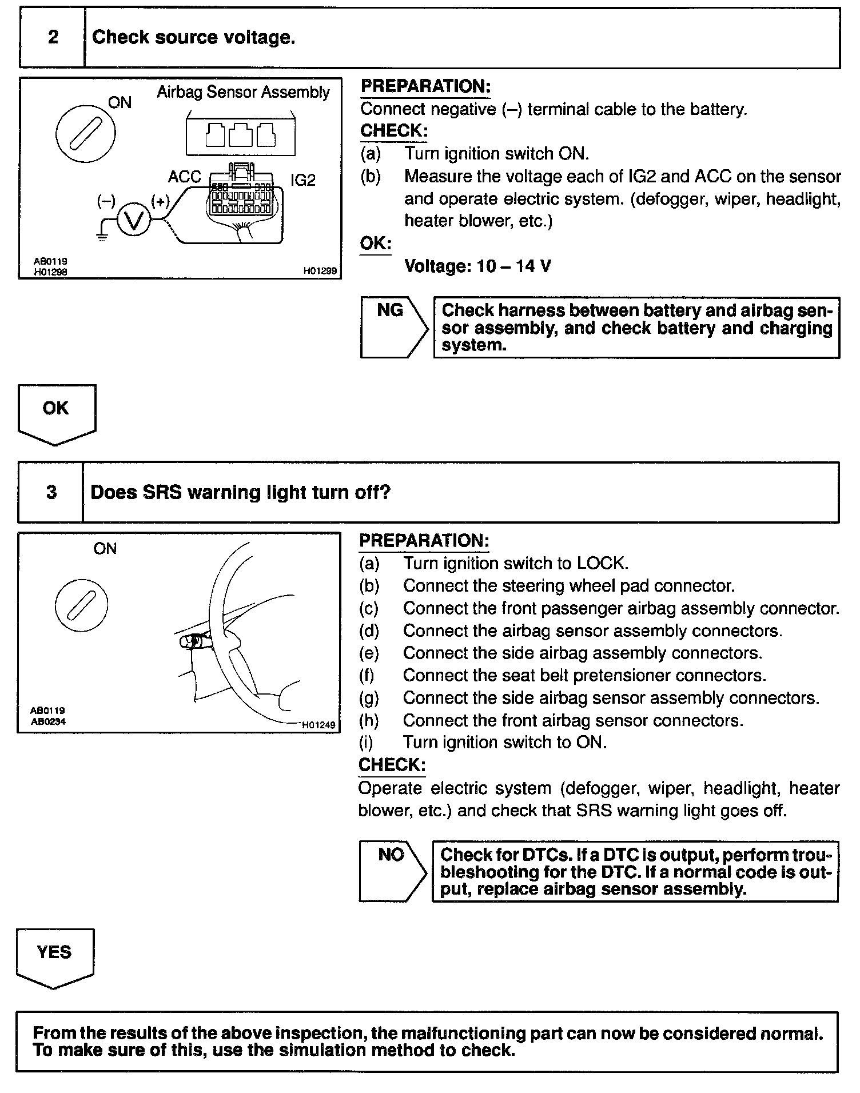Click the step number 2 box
[53, 38]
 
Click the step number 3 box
[51, 493]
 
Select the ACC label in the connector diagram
[184, 177]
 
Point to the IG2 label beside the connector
[302, 180]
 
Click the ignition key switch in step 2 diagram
[85, 134]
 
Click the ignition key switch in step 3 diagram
[82, 605]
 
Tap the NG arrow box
[394, 328]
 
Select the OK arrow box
[57, 413]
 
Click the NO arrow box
[393, 871]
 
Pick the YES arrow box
[54, 957]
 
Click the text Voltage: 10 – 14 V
[477, 266]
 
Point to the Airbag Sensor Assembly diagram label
[243, 93]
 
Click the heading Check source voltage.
[193, 38]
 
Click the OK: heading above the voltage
[375, 244]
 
